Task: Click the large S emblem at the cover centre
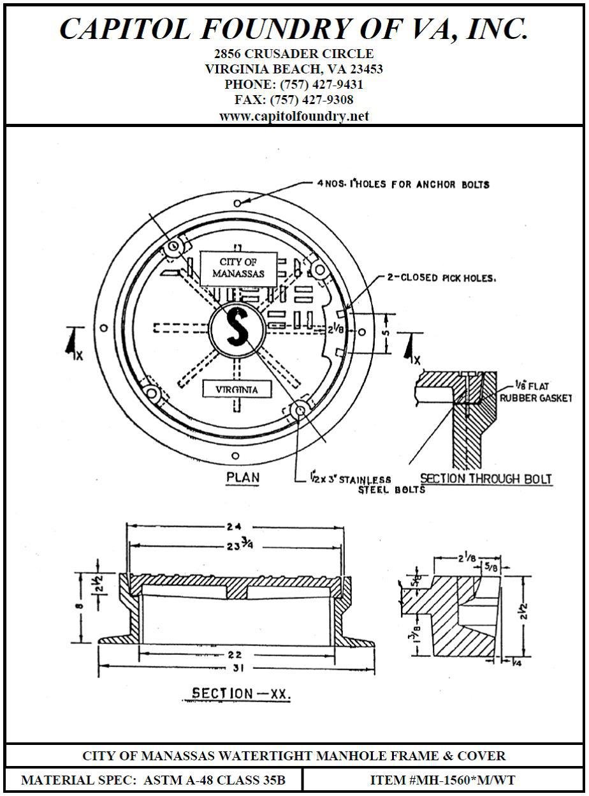click(237, 326)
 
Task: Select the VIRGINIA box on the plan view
click(236, 389)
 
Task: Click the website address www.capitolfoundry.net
click(294, 116)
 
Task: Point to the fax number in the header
click(312, 100)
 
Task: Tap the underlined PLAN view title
click(243, 477)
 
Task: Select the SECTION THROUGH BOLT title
click(486, 479)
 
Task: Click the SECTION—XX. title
click(241, 694)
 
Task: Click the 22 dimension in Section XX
click(235, 654)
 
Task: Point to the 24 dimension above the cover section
click(233, 527)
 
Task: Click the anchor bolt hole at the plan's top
click(237, 203)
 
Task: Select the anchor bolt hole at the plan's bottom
click(236, 456)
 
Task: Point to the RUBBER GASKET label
click(535, 398)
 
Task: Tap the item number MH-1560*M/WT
click(442, 780)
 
